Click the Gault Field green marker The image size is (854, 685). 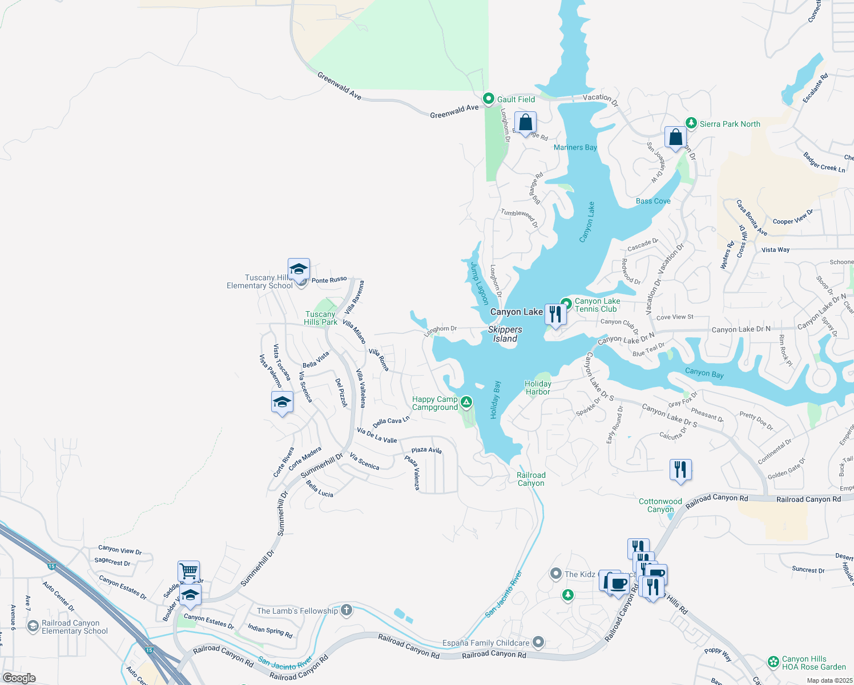click(489, 99)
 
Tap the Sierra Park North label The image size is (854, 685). click(730, 124)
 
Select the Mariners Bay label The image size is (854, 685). click(575, 147)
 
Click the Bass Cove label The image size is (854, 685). click(653, 201)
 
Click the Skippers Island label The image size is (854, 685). click(505, 334)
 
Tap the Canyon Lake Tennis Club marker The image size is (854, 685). click(566, 303)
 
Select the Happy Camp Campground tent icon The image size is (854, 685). click(466, 402)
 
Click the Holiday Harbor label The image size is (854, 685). click(538, 388)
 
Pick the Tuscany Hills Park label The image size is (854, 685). click(320, 318)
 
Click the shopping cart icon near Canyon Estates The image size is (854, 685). click(188, 570)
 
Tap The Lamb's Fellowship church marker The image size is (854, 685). click(346, 610)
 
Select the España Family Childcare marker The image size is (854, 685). click(538, 642)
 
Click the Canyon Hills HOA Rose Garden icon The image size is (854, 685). click(774, 662)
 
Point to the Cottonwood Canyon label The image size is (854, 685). click(660, 505)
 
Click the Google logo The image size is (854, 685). click(19, 678)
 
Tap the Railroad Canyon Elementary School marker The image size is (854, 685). click(33, 626)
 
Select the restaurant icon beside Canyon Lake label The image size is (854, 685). click(555, 313)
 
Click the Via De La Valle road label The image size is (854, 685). click(377, 436)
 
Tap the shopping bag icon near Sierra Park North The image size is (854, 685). click(675, 138)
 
